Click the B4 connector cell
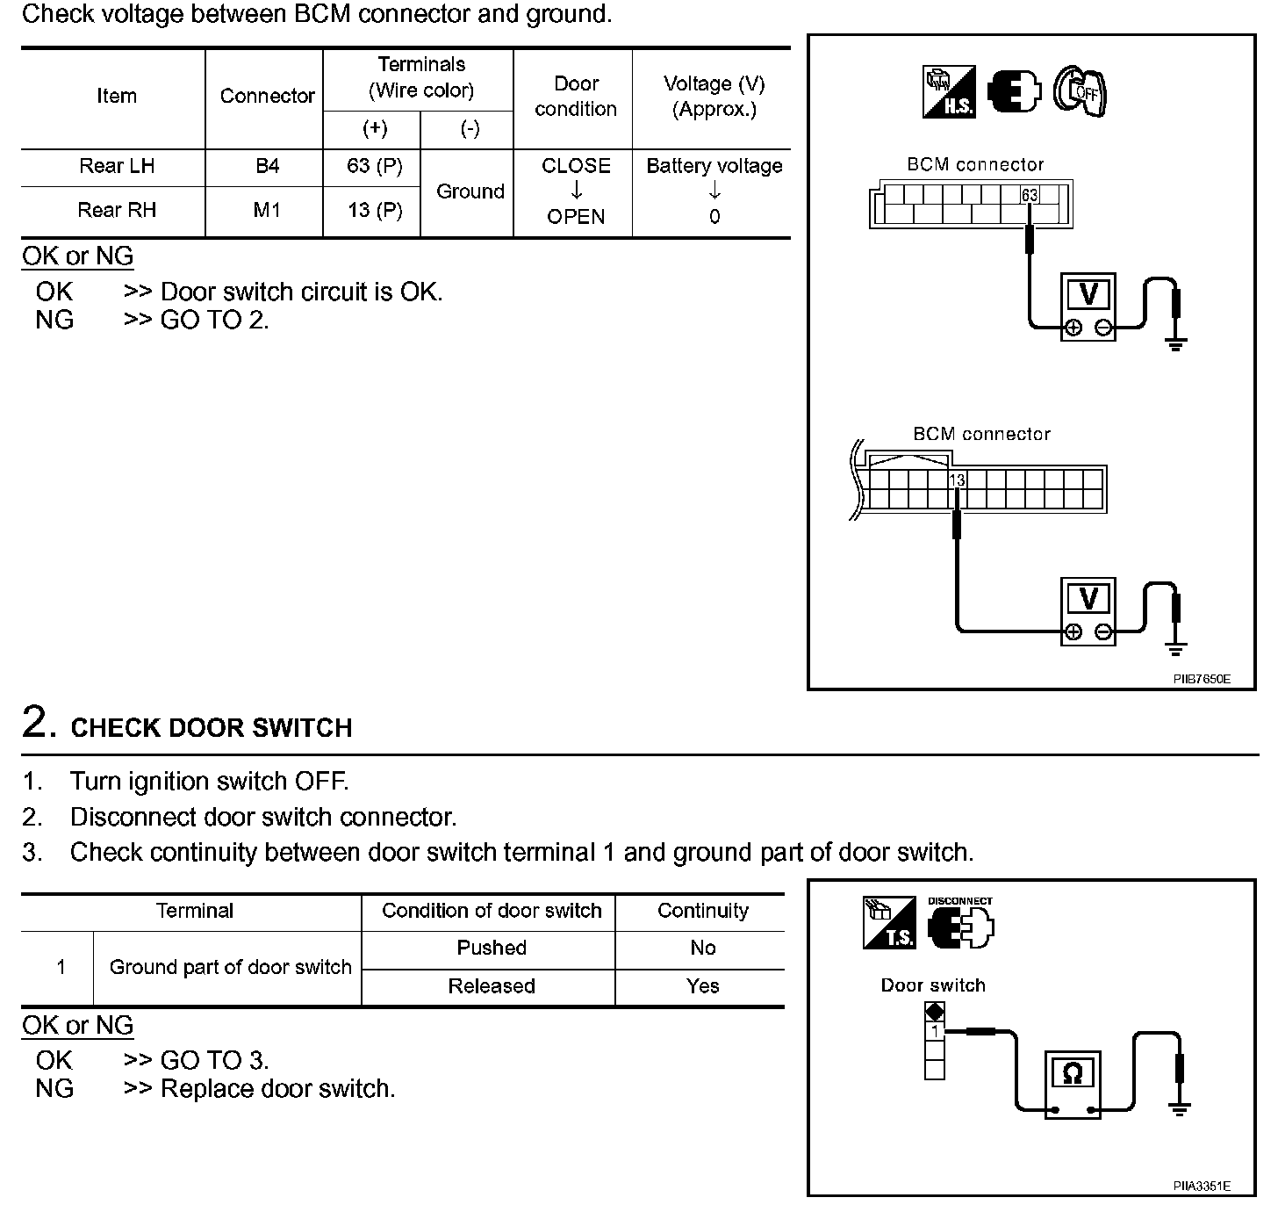pyautogui.click(x=267, y=166)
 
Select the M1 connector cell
pyautogui.click(x=267, y=210)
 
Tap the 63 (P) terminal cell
pyautogui.click(x=375, y=166)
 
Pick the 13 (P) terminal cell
pyautogui.click(x=375, y=210)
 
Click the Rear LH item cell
pyautogui.click(x=116, y=166)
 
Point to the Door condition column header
pyautogui.click(x=576, y=97)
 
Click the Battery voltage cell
pyautogui.click(x=714, y=166)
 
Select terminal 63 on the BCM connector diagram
pyautogui.click(x=1030, y=195)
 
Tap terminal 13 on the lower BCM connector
pyautogui.click(x=957, y=480)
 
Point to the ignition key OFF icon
pyautogui.click(x=1080, y=90)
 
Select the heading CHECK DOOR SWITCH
pyautogui.click(x=211, y=728)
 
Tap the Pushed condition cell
pyautogui.click(x=492, y=948)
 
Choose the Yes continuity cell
pyautogui.click(x=702, y=985)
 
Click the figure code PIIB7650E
pyautogui.click(x=1202, y=679)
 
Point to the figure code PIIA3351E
pyautogui.click(x=1202, y=1186)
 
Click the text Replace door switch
pyautogui.click(x=277, y=1089)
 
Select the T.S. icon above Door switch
pyautogui.click(x=888, y=923)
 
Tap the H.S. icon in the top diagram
pyautogui.click(x=949, y=91)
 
